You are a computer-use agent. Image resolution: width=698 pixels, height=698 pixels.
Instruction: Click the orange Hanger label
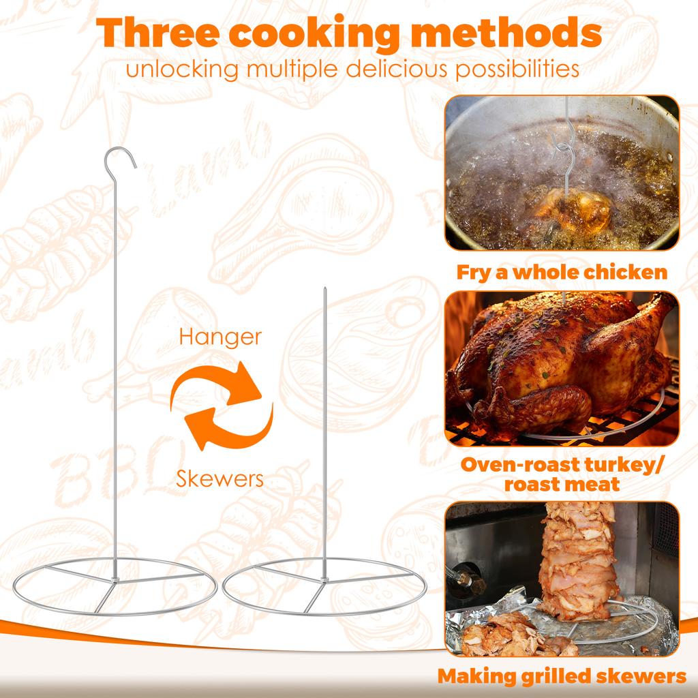(220, 337)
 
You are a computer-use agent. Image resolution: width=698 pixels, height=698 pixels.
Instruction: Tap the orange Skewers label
(219, 478)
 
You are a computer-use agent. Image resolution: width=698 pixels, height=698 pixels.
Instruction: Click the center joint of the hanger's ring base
(117, 581)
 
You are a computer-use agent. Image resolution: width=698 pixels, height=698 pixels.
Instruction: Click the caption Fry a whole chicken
(562, 273)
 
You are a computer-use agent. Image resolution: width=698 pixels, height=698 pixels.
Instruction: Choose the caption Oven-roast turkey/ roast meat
(562, 474)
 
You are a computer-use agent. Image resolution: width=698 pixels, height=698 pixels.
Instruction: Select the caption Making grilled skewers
(562, 676)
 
